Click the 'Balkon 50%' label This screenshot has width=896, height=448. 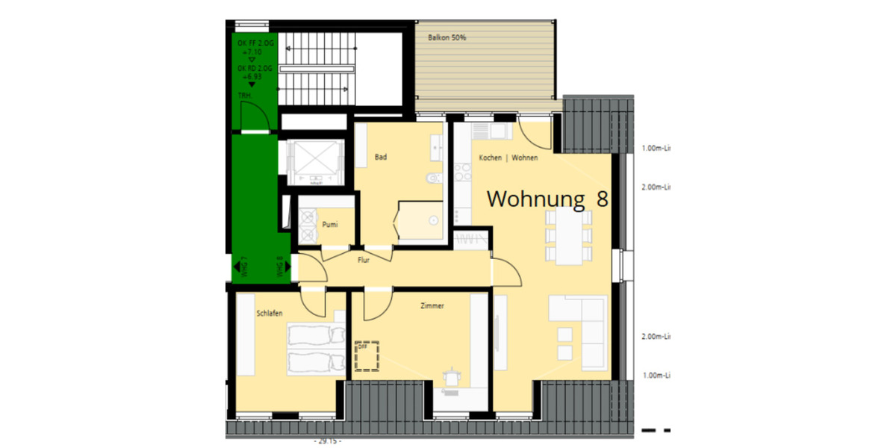447,37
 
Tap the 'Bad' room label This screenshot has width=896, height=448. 381,158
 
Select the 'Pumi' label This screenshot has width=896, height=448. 330,224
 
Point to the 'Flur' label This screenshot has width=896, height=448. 364,260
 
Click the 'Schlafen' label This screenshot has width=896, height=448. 269,313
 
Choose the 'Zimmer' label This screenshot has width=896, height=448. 432,305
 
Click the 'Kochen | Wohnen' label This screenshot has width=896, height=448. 508,158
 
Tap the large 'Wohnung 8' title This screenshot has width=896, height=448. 547,199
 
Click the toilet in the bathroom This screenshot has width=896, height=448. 430,179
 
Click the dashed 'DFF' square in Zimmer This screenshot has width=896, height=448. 367,356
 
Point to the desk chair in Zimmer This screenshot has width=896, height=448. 451,377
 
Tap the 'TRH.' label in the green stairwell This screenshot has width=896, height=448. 244,96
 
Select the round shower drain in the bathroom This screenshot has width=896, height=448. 433,220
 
